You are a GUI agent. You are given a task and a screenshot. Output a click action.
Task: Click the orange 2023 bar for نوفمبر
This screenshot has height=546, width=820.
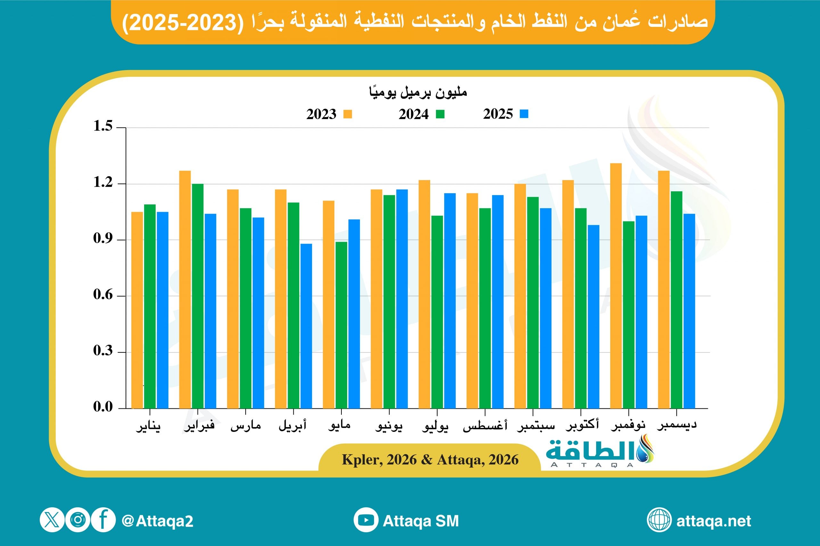[x=616, y=286]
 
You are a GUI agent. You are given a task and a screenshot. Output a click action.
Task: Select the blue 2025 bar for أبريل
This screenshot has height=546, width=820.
[x=306, y=326]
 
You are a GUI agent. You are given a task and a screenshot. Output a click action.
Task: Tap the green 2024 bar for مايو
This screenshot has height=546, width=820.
[x=341, y=325]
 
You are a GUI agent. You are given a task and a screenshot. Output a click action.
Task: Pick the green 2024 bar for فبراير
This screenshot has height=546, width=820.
[x=198, y=296]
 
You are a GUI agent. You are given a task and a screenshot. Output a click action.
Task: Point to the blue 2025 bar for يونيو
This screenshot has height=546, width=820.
[x=402, y=299]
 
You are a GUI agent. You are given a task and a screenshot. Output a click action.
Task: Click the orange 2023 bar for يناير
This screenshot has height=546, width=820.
[x=137, y=310]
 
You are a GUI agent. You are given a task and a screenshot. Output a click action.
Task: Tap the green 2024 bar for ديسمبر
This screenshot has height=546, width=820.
[x=676, y=299]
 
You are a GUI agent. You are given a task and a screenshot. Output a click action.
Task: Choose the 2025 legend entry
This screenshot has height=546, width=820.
[x=505, y=114]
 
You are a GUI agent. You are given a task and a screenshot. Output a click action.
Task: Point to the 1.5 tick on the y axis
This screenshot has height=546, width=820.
[x=103, y=126]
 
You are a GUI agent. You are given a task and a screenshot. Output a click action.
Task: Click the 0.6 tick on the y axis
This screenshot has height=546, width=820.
[x=103, y=295]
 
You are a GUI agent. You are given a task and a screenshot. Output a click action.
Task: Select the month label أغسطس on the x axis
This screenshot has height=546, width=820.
[x=485, y=426]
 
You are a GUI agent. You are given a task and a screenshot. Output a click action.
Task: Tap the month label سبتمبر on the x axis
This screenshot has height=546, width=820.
[x=535, y=426]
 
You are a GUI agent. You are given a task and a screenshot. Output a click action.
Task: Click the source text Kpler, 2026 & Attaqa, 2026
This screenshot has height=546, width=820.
[x=430, y=460]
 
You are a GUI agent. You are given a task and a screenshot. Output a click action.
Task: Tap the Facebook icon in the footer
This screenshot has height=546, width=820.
[x=103, y=520]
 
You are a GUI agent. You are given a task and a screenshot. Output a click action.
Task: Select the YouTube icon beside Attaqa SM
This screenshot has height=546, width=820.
[x=366, y=520]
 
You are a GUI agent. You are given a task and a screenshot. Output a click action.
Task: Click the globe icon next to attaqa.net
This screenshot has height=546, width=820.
[x=659, y=520]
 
